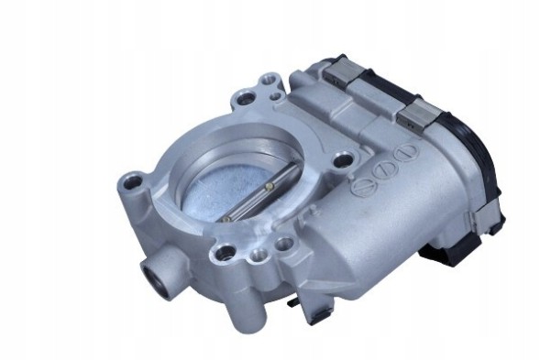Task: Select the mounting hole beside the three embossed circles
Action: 342,161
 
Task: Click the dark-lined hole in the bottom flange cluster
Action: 222,249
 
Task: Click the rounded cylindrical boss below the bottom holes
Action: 248,279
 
